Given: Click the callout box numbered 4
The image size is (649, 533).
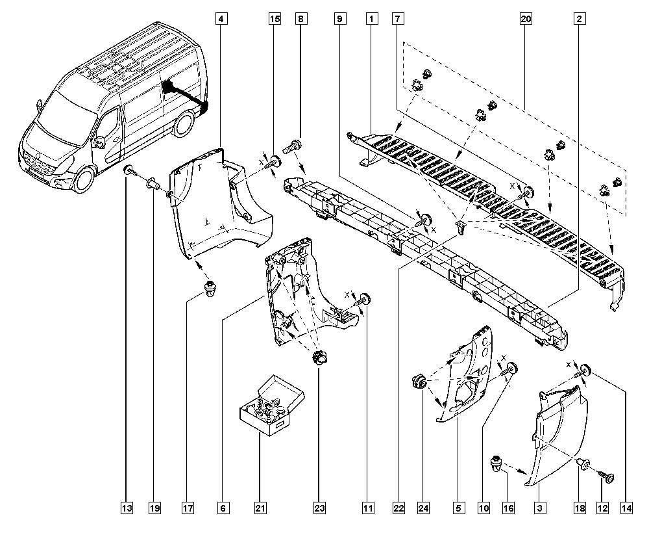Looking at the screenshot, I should (221, 19).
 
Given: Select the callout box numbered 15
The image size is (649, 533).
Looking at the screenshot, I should (275, 19).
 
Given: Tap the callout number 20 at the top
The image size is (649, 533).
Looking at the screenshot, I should (526, 19).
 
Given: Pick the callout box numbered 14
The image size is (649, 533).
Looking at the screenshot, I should (626, 508).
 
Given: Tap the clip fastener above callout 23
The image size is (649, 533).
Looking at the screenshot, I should (320, 357).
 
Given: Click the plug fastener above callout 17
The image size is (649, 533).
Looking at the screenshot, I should (212, 288).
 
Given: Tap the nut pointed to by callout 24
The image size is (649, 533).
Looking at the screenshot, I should (419, 380).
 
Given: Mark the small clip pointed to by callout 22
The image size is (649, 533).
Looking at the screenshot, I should (461, 226).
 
